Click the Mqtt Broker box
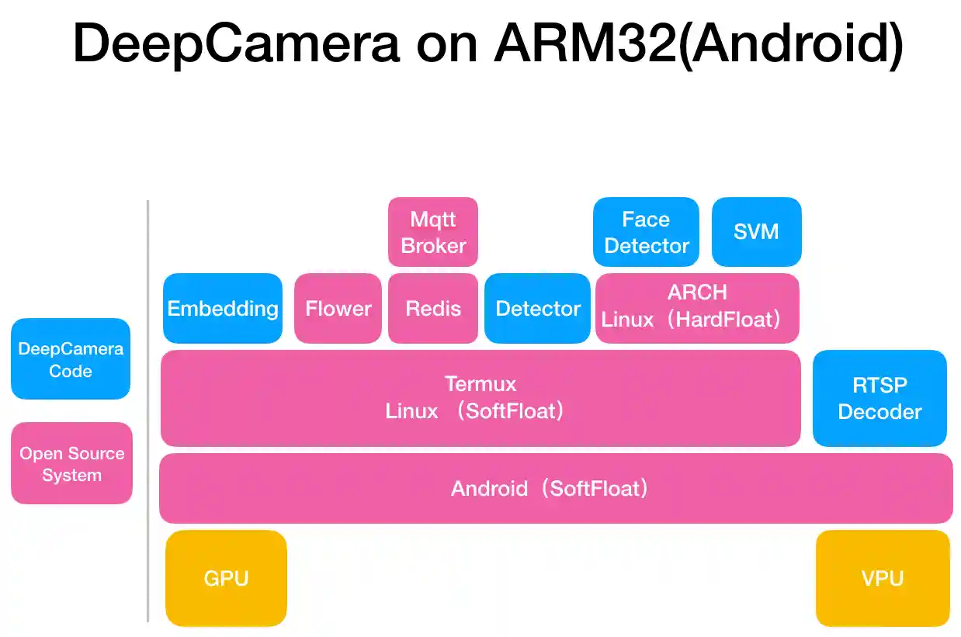pyautogui.click(x=433, y=232)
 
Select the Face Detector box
pyautogui.click(x=646, y=232)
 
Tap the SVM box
pyautogui.click(x=756, y=232)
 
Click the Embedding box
pyautogui.click(x=223, y=308)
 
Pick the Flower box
pyautogui.click(x=338, y=308)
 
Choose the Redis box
pyautogui.click(x=433, y=308)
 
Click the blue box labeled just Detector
pyautogui.click(x=537, y=308)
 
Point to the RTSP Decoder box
pyautogui.click(x=879, y=398)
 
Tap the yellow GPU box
pyautogui.click(x=226, y=578)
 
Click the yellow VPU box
pyautogui.click(x=883, y=578)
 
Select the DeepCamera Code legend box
pyautogui.click(x=71, y=359)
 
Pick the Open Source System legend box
pyautogui.click(x=71, y=463)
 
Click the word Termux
pyautogui.click(x=480, y=384)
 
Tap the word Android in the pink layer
pyautogui.click(x=489, y=489)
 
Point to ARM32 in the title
pyautogui.click(x=584, y=44)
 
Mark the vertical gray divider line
pyautogui.click(x=147, y=411)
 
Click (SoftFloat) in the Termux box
pyautogui.click(x=510, y=411)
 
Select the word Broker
pyautogui.click(x=433, y=246)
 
